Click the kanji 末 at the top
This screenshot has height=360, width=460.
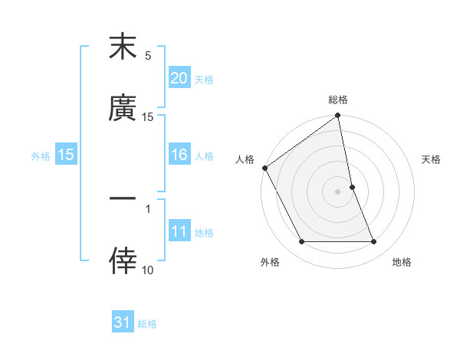tap(123, 47)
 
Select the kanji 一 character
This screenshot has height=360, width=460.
tap(123, 198)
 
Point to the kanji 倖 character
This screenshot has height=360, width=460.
tap(123, 260)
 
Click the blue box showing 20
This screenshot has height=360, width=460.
tap(179, 78)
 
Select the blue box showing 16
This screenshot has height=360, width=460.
tap(179, 155)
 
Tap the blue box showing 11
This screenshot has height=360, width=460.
tap(179, 232)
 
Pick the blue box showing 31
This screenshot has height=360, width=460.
tap(123, 323)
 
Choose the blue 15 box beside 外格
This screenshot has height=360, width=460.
tap(65, 155)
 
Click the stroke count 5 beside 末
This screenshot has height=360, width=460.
tap(148, 56)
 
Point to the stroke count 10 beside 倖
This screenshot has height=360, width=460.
tap(148, 270)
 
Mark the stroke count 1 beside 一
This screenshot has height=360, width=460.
tap(148, 208)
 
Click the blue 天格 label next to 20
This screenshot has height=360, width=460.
tap(204, 79)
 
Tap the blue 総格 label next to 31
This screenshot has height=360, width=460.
tap(147, 324)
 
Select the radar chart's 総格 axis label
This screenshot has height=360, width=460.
tap(338, 100)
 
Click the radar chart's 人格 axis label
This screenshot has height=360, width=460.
tap(245, 159)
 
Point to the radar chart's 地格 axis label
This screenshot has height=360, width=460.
tap(402, 262)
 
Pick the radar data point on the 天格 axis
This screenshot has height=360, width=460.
tap(352, 187)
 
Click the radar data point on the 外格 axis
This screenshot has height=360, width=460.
tap(301, 242)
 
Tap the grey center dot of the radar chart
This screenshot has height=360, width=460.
tap(338, 191)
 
